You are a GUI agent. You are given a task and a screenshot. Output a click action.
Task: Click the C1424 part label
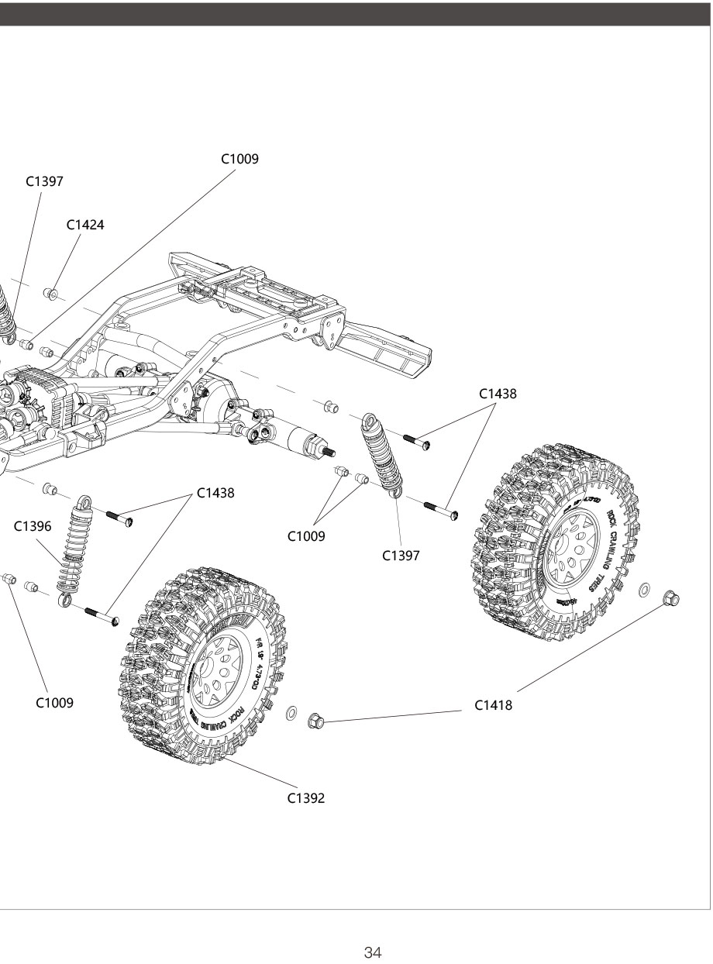point(85,225)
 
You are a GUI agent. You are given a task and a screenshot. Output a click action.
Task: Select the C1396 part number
point(33,526)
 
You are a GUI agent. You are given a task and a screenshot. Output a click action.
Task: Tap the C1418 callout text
point(494,705)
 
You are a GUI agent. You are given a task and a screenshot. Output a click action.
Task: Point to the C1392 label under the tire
point(306,798)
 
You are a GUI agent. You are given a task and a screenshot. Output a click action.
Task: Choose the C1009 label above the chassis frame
point(239,159)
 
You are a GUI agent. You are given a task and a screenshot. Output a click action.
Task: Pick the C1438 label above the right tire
point(498,394)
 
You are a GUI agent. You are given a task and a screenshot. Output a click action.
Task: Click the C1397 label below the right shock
point(401,555)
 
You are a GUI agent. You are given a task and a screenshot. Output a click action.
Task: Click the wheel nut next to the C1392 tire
point(315,720)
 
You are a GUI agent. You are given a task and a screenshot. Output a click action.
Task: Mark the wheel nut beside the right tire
point(671,597)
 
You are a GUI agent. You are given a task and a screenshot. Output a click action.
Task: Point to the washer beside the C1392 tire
point(291,713)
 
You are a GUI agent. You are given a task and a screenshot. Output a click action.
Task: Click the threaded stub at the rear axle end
point(328,453)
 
